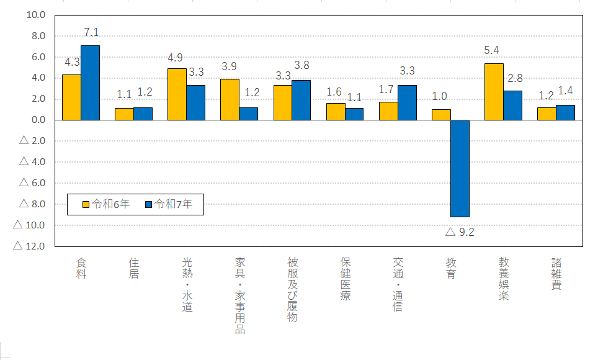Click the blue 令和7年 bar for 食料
90,83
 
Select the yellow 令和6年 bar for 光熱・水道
177,94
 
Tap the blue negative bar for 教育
460,168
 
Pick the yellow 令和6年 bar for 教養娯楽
494,91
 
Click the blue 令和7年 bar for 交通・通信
407,102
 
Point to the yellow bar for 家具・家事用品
230,99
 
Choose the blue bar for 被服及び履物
301,100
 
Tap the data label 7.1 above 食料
91,33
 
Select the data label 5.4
493,50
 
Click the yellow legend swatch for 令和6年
87,204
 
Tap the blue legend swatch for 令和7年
149,204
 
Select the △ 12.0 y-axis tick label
32,246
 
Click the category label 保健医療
346,279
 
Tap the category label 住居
134,268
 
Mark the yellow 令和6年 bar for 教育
441,114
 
